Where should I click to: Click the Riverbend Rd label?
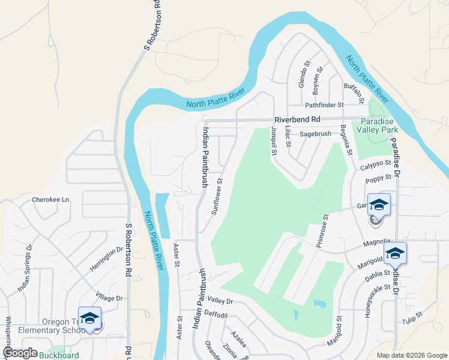coord(298,119)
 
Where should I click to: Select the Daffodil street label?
coord(217,314)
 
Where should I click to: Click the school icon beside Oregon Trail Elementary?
coord(89,319)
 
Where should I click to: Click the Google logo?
coord(20,353)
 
